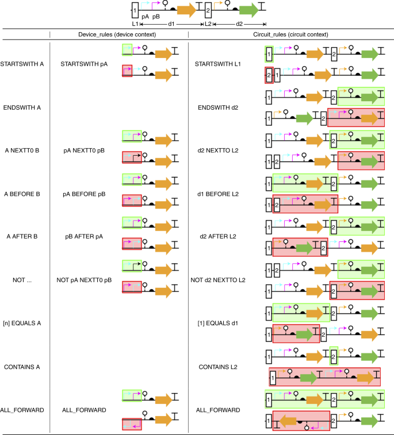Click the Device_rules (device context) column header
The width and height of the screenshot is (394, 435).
point(118,34)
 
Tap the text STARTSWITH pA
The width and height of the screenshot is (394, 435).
point(84,63)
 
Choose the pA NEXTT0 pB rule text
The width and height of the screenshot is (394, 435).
point(84,151)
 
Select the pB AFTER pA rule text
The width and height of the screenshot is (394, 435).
point(84,236)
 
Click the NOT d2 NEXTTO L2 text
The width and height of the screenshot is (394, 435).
point(221,280)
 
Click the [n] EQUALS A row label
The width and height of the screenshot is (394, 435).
point(22,323)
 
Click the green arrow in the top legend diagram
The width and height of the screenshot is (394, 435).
point(248,10)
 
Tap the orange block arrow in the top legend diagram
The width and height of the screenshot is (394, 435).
point(186,10)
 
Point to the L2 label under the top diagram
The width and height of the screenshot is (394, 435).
point(209,24)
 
